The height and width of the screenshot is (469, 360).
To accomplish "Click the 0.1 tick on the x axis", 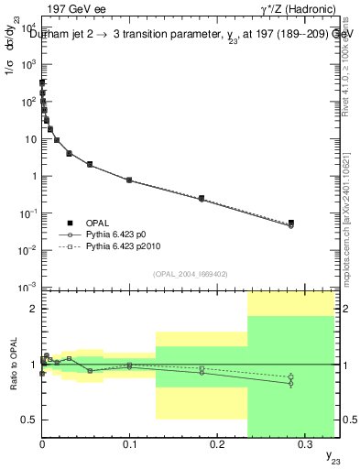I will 129,442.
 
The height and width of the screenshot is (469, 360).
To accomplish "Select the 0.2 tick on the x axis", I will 217,442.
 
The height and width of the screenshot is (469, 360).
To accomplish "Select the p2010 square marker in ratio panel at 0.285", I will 291,376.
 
